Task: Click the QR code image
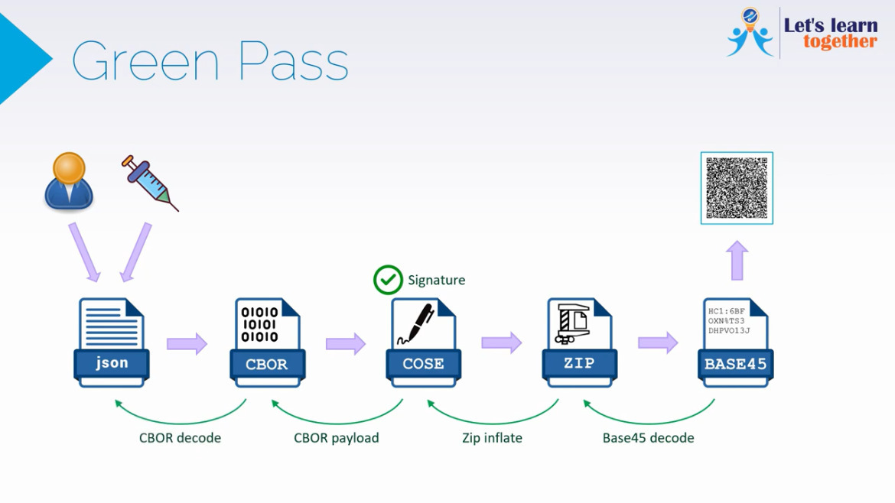[737, 188]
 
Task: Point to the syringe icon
[150, 183]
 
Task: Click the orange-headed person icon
[69, 181]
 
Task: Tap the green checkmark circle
[388, 280]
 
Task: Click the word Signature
[436, 281]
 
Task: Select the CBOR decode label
[180, 438]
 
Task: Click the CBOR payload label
[336, 438]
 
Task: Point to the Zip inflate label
[492, 438]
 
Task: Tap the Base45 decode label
[648, 438]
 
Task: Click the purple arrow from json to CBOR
[187, 343]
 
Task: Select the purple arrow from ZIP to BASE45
[658, 342]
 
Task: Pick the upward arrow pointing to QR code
[737, 261]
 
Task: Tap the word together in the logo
[840, 42]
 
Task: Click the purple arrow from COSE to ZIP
[501, 342]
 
